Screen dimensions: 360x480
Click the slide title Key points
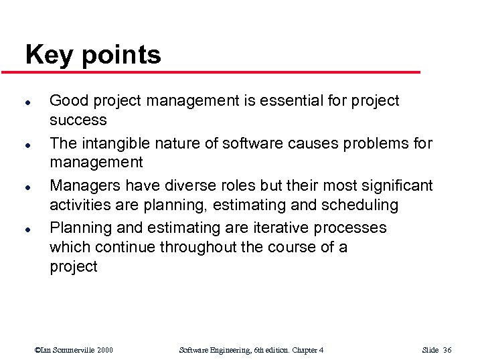pos(93,55)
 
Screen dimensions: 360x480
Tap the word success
pos(78,120)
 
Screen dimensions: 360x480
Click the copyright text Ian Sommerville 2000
pos(74,350)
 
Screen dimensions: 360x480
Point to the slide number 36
pos(447,350)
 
